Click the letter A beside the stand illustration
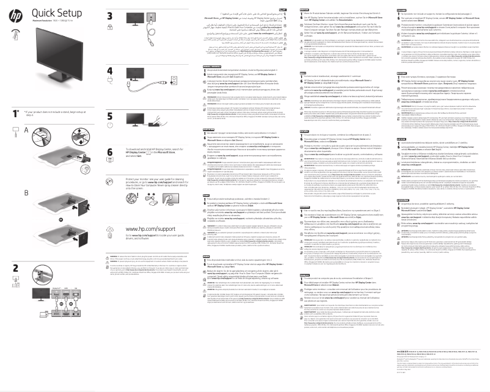[x=9, y=131]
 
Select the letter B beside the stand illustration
[x=9, y=210]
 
